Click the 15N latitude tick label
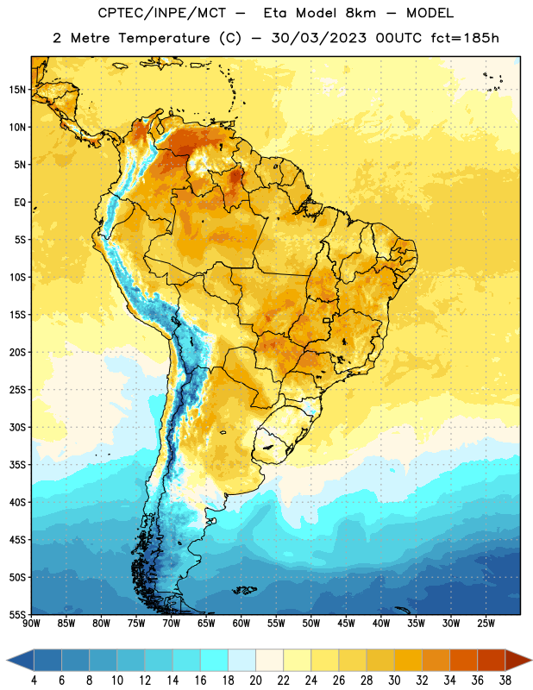coord(17,90)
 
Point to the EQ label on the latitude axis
coord(20,203)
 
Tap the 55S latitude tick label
coord(17,615)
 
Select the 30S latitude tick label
coord(17,427)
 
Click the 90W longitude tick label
coord(31,624)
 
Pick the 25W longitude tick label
coord(486,624)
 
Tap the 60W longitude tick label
coord(241,624)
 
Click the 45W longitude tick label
coord(346,624)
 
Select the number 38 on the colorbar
coord(505,681)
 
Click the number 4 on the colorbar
coord(34,681)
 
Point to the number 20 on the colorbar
coord(255,681)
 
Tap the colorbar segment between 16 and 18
coord(215,661)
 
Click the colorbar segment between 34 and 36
coord(463,661)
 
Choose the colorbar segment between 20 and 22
coord(269,661)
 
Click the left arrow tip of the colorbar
coord(7,661)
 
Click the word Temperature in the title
coord(164,38)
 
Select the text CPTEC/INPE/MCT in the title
coord(161,13)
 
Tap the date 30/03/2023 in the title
coord(318,38)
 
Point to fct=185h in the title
coord(465,38)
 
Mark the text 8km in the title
coord(361,13)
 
